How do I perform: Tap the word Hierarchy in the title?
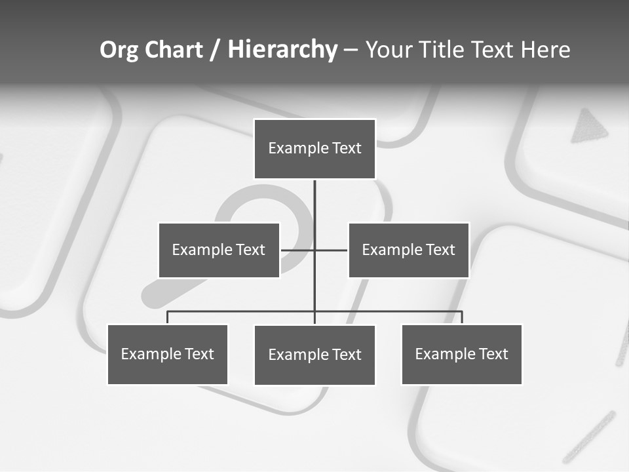click(x=282, y=50)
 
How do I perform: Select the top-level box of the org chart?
click(x=314, y=149)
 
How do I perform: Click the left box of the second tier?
click(x=219, y=250)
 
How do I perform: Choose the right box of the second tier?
click(x=409, y=250)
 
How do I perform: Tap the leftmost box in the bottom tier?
click(x=168, y=355)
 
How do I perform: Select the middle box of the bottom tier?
click(x=314, y=355)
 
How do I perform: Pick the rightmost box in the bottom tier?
click(x=462, y=355)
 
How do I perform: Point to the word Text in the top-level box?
click(x=347, y=148)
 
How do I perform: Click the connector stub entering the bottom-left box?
click(x=168, y=317)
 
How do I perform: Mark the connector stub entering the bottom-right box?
click(x=462, y=317)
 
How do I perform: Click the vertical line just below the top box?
click(x=314, y=197)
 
